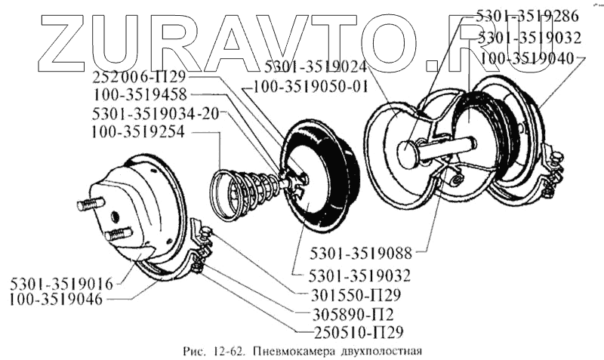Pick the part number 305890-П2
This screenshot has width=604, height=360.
pos(349,312)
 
